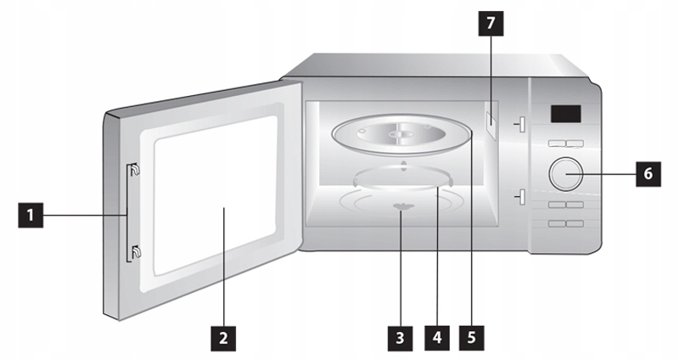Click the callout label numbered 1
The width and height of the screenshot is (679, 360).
coord(30,217)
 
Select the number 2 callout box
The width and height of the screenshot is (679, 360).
coord(222,337)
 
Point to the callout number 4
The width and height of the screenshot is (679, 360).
coord(437,337)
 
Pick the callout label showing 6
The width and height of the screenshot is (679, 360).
coord(648,174)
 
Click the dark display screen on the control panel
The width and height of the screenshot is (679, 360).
coord(564,113)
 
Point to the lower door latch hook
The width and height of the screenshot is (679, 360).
coord(135,250)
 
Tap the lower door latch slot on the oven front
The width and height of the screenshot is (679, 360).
coord(522,197)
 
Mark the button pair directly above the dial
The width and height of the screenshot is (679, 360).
coord(565,144)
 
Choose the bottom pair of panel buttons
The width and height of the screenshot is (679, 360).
coord(565,222)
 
